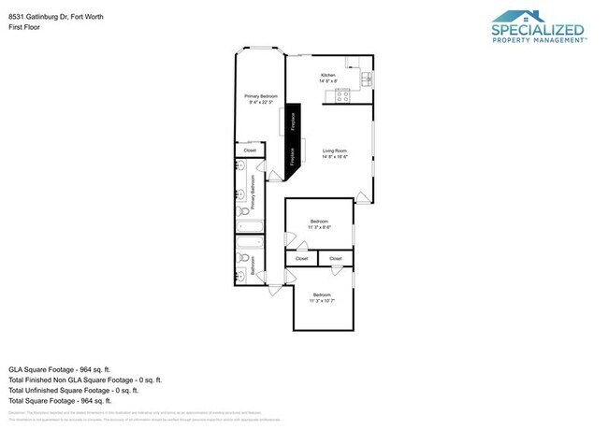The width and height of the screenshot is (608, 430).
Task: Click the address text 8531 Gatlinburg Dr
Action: click(x=37, y=16)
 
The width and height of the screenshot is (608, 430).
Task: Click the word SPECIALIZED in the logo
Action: click(x=538, y=30)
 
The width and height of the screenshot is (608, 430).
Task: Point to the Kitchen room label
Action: click(x=328, y=75)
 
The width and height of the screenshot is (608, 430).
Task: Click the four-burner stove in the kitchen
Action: click(x=343, y=93)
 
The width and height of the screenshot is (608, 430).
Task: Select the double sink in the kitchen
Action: click(x=353, y=63)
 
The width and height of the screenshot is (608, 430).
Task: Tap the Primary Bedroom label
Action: click(x=261, y=96)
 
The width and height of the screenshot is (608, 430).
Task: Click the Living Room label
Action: click(x=335, y=150)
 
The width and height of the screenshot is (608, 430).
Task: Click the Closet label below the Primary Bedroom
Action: click(x=250, y=150)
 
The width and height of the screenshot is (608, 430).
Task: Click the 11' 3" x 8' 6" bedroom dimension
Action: click(x=319, y=227)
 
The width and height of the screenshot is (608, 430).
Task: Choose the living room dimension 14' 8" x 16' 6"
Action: click(x=335, y=158)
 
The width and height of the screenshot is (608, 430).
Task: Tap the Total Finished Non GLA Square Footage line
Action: click(x=85, y=380)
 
